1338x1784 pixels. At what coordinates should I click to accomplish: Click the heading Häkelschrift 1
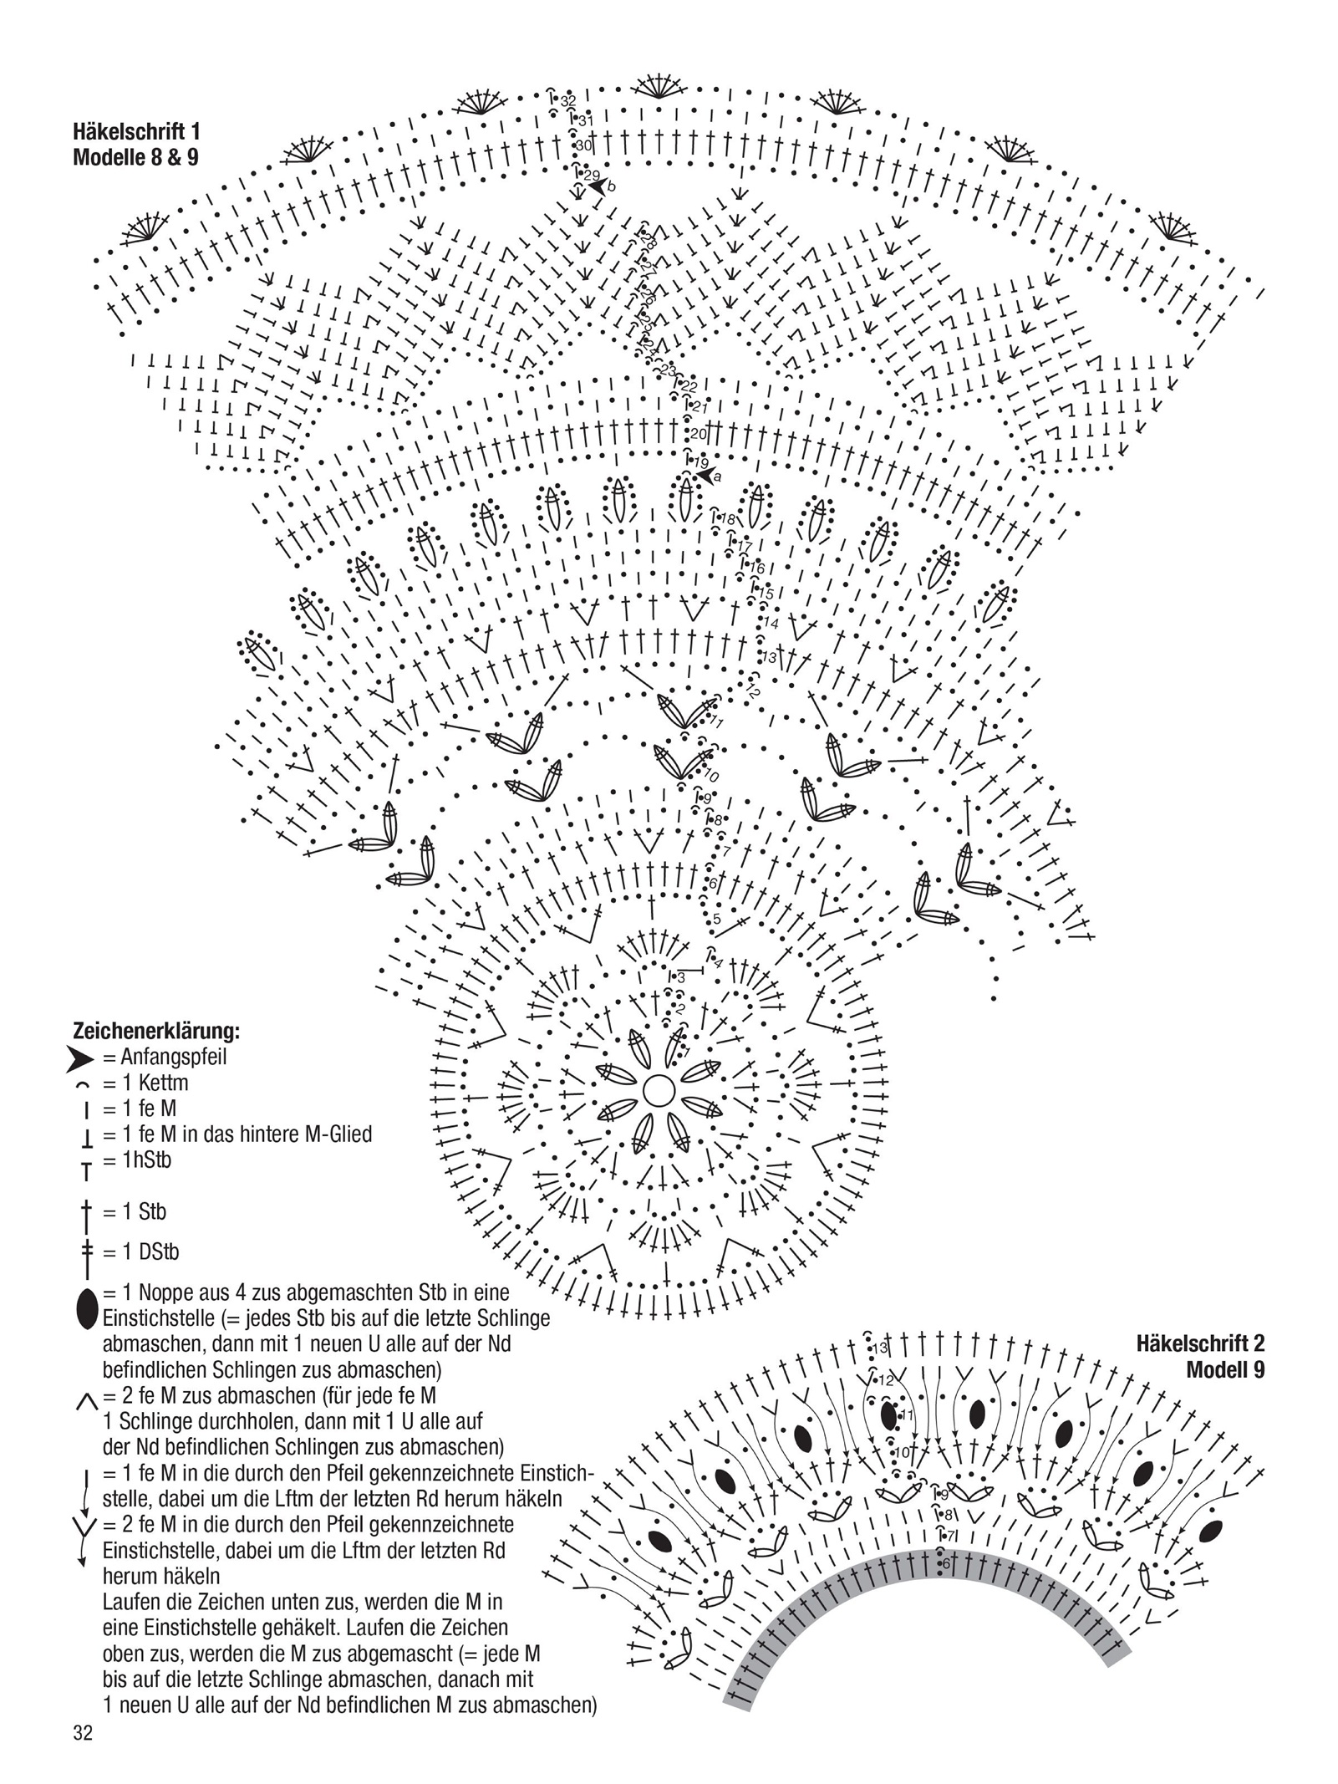pos(136,131)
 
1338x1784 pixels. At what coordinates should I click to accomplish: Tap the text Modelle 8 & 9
pos(135,157)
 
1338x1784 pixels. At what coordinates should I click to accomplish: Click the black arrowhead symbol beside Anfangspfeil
pos(79,1060)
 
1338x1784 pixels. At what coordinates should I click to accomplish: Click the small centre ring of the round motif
pos(659,1091)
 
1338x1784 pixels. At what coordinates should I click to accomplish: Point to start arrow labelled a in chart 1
pos(707,476)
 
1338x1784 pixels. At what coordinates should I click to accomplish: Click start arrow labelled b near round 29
pos(598,186)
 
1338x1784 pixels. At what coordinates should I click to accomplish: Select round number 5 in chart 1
pos(716,919)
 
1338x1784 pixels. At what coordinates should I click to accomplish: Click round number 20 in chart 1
pos(699,434)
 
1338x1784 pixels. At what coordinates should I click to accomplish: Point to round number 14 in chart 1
pos(771,623)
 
